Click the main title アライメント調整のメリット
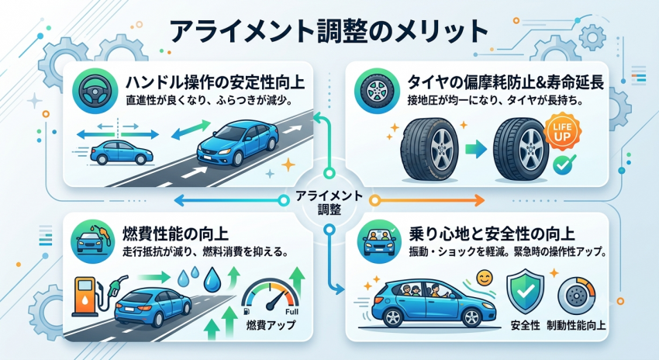point(329,31)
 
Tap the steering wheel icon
point(91,91)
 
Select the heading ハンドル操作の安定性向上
point(216,82)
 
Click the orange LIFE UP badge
point(562,132)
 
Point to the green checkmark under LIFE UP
point(563,164)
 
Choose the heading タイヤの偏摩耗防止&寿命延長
point(505,82)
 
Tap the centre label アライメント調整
point(329,202)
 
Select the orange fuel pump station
point(85,296)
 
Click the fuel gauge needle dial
point(271,300)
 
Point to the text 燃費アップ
point(271,325)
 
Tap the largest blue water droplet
point(212,279)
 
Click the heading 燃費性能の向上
point(175,234)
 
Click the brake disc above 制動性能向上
point(576,296)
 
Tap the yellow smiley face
point(485,278)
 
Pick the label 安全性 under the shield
point(525,326)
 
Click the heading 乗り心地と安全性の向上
point(492,234)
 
